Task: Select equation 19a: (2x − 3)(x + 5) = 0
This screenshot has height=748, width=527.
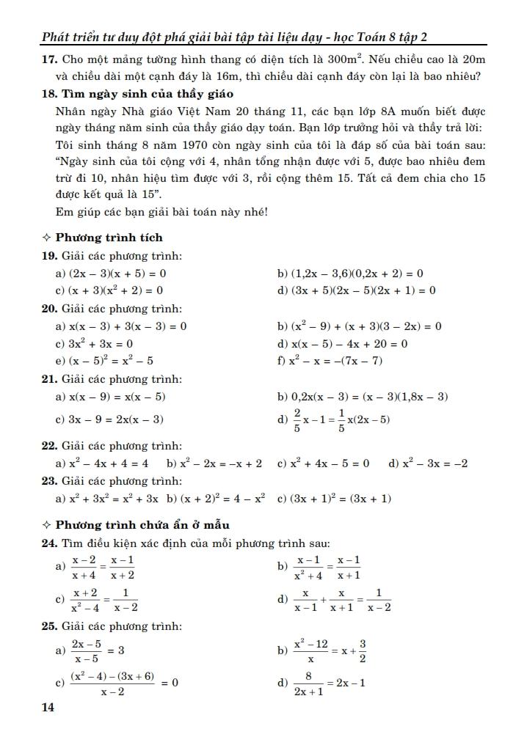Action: coord(118,274)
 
